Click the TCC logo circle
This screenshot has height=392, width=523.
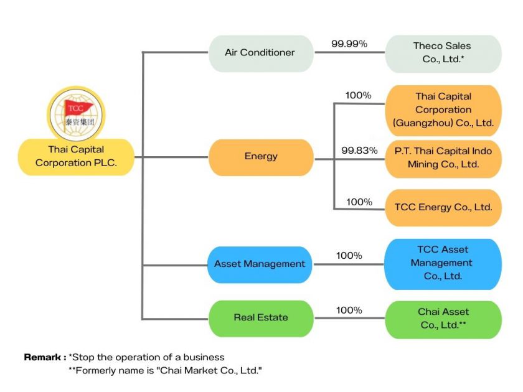click(76, 113)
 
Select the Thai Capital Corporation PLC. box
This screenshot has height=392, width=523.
click(76, 157)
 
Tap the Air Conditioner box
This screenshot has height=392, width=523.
click(260, 53)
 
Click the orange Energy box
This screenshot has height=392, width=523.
click(260, 157)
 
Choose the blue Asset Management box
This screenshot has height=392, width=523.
click(260, 264)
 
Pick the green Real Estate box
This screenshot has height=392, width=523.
click(260, 318)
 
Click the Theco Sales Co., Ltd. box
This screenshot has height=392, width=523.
click(443, 54)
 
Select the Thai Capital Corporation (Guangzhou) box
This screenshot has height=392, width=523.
click(443, 110)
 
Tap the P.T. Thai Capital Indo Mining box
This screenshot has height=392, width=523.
click(443, 158)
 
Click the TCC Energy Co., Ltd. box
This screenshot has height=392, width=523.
click(443, 207)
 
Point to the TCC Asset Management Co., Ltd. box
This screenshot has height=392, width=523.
click(443, 263)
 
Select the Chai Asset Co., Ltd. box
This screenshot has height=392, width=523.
click(443, 319)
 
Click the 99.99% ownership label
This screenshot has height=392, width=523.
click(349, 44)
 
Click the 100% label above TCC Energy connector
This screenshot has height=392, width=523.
click(359, 202)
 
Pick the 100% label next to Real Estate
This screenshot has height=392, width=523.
click(349, 310)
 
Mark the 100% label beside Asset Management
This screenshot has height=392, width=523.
click(349, 256)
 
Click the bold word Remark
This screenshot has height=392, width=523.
click(45, 358)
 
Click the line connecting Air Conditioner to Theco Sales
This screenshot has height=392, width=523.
click(349, 53)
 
